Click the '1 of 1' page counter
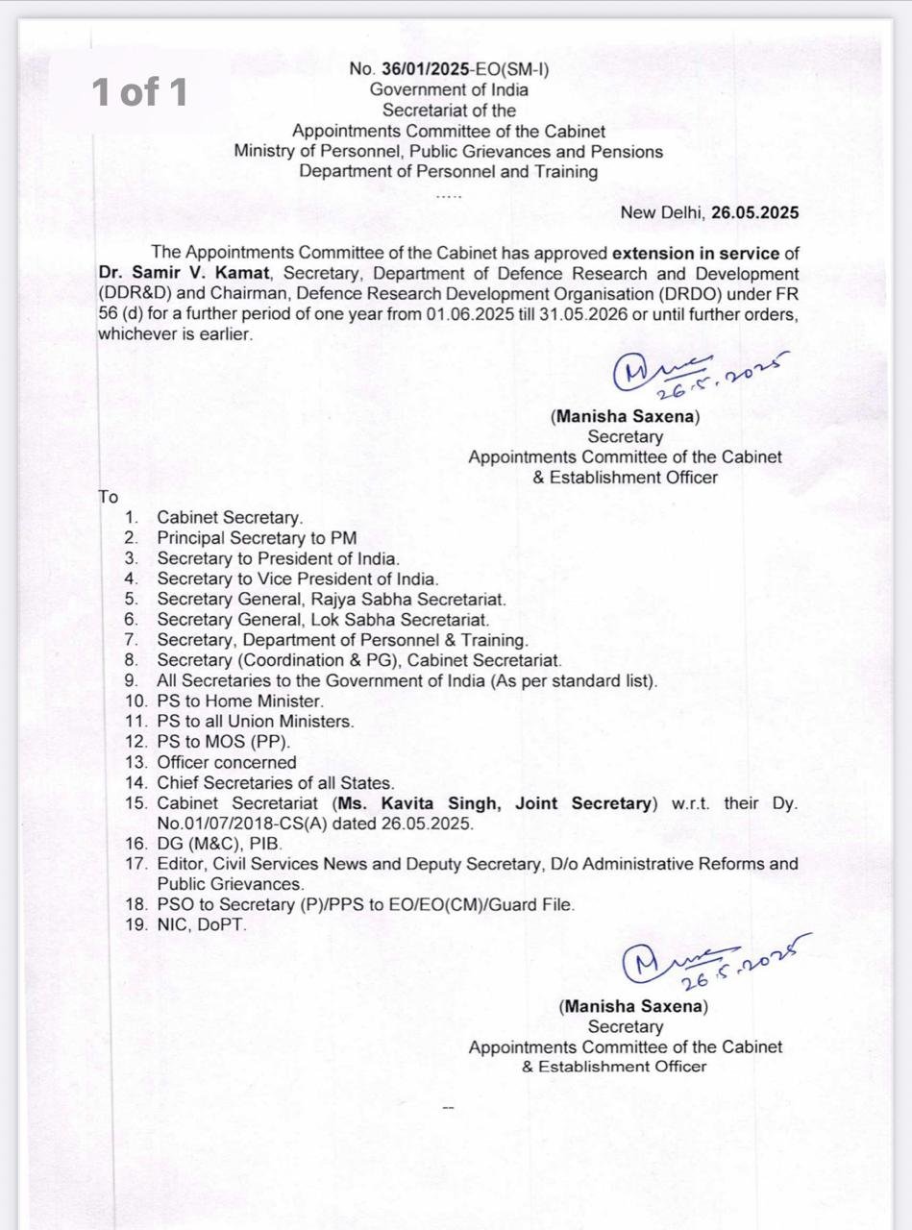point(139,92)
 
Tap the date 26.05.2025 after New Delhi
point(754,213)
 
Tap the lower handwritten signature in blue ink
point(711,961)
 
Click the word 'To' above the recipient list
point(108,497)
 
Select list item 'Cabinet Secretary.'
point(230,518)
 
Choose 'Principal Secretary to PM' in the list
point(257,538)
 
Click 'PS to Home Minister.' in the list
point(240,701)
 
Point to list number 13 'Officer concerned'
point(227,762)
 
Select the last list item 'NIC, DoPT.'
point(202,924)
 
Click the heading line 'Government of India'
point(450,89)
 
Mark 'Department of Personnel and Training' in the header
point(448,172)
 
